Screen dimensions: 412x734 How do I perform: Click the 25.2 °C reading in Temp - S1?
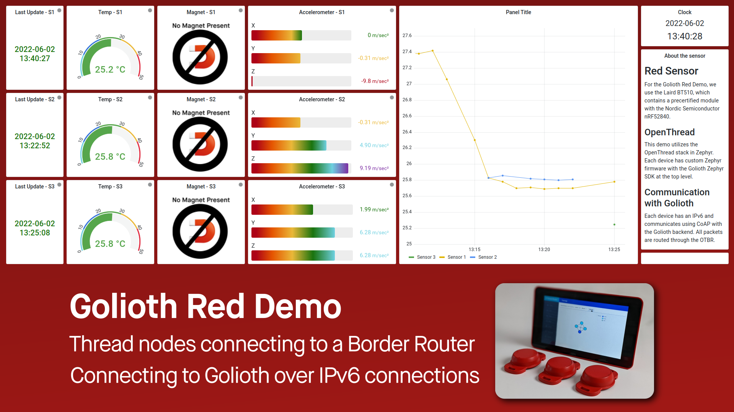click(110, 70)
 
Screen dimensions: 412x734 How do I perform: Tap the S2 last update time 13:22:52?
click(35, 146)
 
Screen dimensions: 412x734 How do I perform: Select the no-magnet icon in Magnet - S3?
click(200, 231)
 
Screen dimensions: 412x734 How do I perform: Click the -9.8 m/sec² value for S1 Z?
click(375, 81)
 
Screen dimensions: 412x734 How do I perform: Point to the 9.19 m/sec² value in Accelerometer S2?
click(374, 168)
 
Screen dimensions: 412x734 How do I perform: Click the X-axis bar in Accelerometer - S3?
click(282, 209)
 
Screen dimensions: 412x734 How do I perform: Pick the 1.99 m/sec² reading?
click(374, 209)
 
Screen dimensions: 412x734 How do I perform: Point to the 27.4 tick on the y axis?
click(407, 52)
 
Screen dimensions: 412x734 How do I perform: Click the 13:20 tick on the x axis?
click(544, 250)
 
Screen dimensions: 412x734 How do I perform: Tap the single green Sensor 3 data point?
click(614, 225)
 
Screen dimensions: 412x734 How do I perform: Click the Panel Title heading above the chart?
click(518, 12)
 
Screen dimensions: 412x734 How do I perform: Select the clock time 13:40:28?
click(684, 36)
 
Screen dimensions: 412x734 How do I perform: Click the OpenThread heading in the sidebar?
click(669, 132)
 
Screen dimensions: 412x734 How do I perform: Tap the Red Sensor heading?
click(671, 71)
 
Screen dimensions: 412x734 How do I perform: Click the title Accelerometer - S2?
click(321, 99)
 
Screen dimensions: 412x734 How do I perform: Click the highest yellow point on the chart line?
click(432, 50)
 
